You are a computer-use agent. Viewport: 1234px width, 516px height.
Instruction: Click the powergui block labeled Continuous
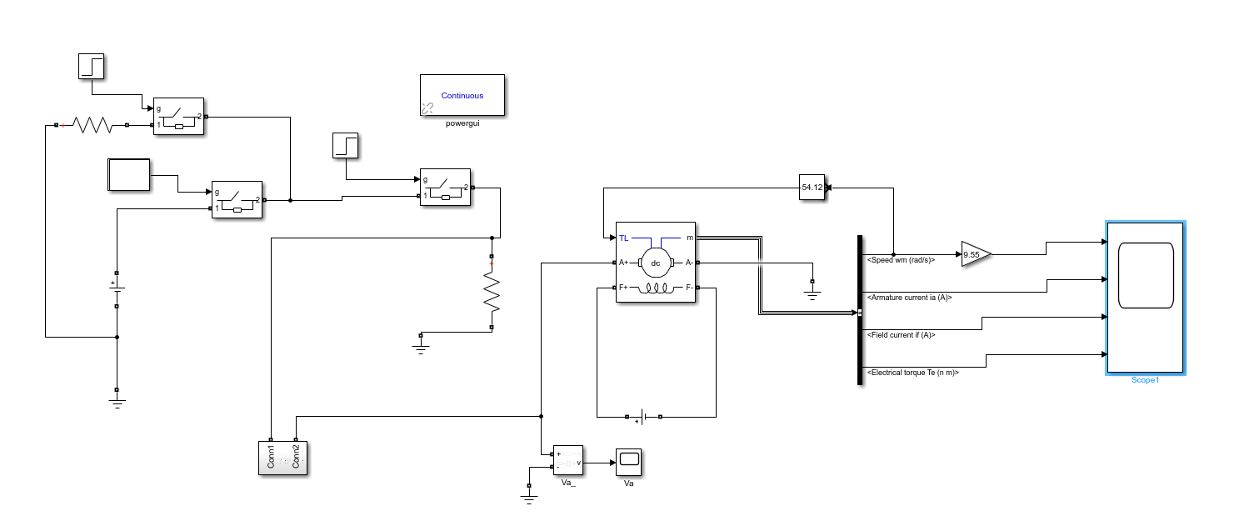(462, 95)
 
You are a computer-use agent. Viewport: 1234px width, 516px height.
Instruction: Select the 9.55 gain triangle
(976, 254)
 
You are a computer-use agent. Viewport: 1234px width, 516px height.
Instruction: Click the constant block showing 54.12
(812, 188)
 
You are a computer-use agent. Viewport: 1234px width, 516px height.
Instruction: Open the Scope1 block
(1146, 298)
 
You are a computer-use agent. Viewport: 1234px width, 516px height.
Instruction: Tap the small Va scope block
(628, 462)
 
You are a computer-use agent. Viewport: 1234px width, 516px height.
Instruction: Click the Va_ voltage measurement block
(568, 460)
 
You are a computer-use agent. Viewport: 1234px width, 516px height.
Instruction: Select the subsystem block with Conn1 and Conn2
(282, 458)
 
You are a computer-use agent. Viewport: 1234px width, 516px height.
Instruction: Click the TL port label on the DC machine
(623, 238)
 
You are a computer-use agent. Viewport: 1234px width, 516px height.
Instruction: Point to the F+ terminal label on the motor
(623, 288)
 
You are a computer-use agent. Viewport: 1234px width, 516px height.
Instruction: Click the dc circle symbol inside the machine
(656, 263)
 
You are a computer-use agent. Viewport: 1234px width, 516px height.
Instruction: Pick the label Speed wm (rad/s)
(901, 259)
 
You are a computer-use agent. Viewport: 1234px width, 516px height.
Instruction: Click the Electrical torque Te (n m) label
(913, 372)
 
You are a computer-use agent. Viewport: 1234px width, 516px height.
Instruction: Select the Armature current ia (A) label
(910, 297)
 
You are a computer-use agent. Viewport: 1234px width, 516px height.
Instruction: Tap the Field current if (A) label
(902, 334)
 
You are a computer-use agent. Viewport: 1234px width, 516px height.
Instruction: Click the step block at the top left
(91, 66)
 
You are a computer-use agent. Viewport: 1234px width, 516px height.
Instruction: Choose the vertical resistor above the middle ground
(492, 292)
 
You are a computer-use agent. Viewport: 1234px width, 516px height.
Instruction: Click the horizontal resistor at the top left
(92, 125)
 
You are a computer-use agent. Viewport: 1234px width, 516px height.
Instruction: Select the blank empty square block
(129, 175)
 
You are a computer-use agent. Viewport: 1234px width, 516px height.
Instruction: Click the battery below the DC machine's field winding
(643, 417)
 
